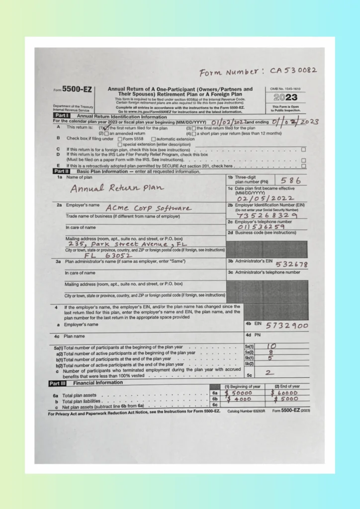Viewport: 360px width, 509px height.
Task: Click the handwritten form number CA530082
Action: pyautogui.click(x=293, y=72)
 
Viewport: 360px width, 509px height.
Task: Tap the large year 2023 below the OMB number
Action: pyautogui.click(x=285, y=98)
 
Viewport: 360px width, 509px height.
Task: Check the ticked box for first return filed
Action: pyautogui.click(x=106, y=128)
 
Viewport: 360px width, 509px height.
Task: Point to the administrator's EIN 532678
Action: pyautogui.click(x=291, y=264)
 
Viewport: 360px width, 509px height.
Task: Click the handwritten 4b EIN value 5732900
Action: pyautogui.click(x=287, y=326)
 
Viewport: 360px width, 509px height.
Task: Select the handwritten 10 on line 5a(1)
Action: pyautogui.click(x=271, y=346)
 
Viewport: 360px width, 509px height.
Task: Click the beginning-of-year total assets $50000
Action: pyautogui.click(x=240, y=393)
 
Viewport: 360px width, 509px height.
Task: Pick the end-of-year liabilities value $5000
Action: pyautogui.click(x=286, y=399)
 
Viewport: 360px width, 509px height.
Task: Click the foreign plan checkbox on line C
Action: pyautogui.click(x=303, y=150)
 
